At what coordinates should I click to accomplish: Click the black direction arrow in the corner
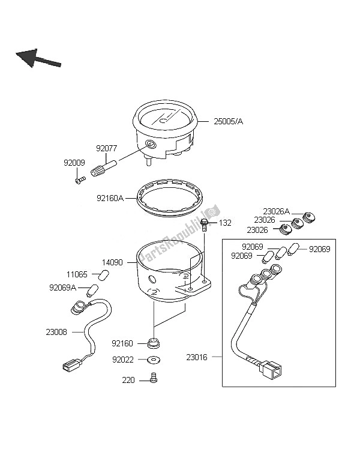coord(38,58)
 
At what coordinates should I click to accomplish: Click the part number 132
coord(224,223)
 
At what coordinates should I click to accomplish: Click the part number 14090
coord(112,262)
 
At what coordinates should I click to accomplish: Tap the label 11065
coord(76,274)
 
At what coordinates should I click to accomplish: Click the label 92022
coord(122,360)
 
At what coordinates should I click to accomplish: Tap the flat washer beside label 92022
coord(153,360)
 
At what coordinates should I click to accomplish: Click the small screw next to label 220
coord(154,379)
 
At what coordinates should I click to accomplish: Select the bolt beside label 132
coord(205,224)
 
